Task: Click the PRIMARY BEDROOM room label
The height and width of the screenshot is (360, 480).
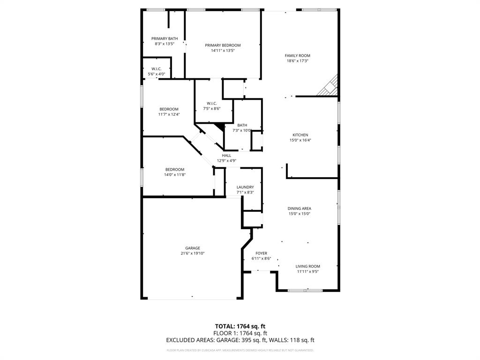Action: [x=223, y=45]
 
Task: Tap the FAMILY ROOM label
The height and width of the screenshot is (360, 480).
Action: [x=298, y=56]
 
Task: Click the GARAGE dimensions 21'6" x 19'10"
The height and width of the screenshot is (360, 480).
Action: [x=193, y=254]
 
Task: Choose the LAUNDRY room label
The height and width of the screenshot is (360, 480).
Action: [x=245, y=187]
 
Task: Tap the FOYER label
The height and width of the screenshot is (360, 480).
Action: [x=261, y=253]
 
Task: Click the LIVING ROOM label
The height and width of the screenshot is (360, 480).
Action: [x=308, y=266]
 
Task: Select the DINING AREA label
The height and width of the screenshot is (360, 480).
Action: [x=300, y=209]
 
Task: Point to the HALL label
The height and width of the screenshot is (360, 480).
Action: [x=226, y=156]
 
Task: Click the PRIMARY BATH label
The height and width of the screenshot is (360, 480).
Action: [x=165, y=38]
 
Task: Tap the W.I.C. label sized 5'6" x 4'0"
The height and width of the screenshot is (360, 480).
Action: [x=157, y=69]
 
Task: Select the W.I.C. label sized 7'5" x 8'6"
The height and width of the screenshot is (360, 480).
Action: [x=211, y=104]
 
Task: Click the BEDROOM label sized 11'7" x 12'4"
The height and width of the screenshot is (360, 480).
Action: [x=168, y=109]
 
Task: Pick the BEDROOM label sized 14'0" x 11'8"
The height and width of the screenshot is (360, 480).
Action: [x=174, y=170]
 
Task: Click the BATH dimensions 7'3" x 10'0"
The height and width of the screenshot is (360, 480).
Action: [x=242, y=130]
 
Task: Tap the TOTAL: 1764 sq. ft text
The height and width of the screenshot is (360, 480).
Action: [x=240, y=326]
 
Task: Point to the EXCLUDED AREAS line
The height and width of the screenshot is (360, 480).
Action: [x=240, y=340]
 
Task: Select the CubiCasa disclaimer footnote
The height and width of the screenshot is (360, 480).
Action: [x=240, y=350]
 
